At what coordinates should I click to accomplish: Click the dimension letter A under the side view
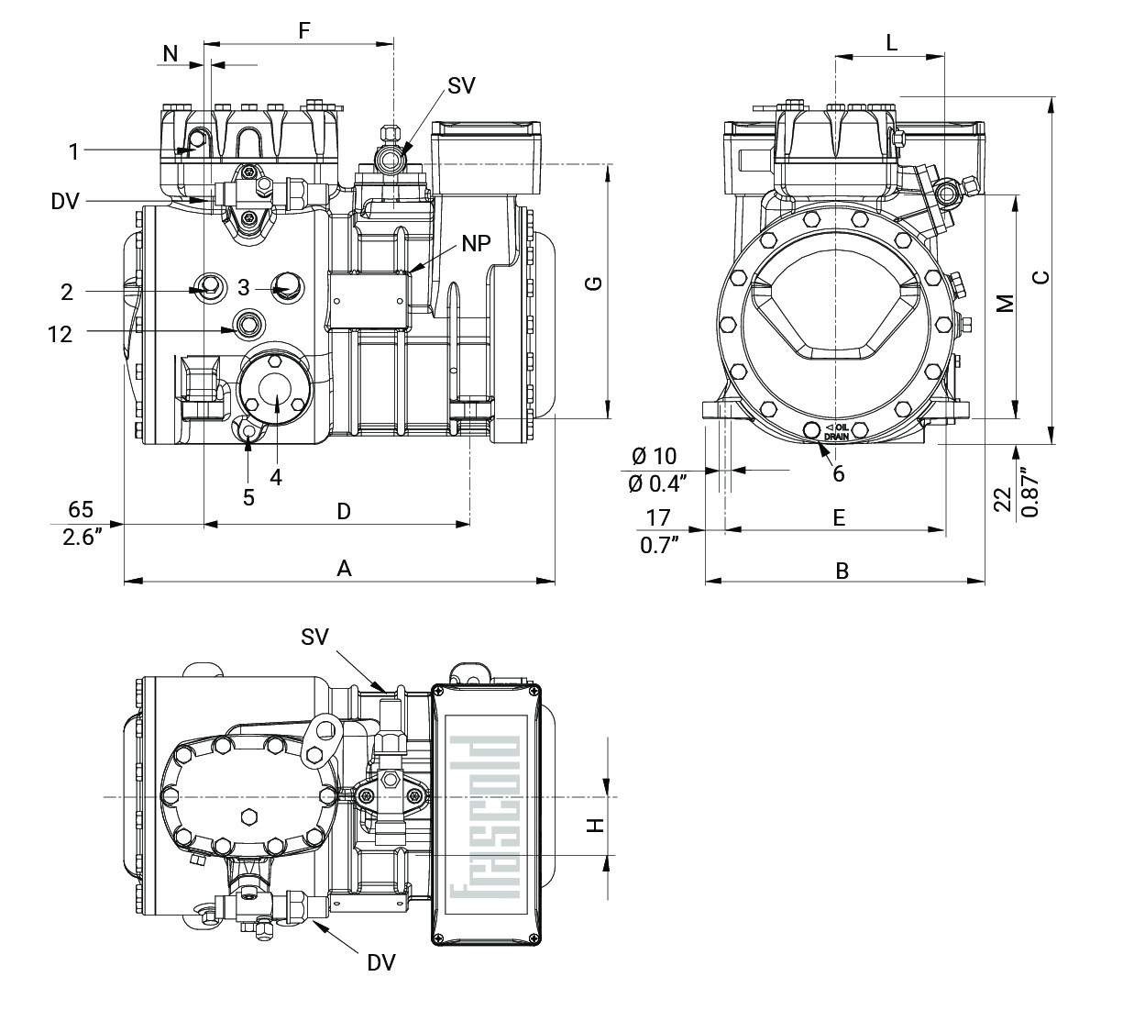[x=344, y=569]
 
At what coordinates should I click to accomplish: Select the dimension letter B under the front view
[x=842, y=571]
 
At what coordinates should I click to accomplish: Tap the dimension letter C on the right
[x=1040, y=277]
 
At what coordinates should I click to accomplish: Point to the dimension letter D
[x=344, y=511]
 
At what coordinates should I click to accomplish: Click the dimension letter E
[x=838, y=518]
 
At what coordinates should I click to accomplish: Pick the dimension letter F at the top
[x=304, y=30]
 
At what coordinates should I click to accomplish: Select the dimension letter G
[x=594, y=283]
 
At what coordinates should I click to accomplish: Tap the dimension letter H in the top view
[x=597, y=826]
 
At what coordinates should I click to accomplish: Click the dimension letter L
[x=891, y=42]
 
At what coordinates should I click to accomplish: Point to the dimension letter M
[x=1006, y=303]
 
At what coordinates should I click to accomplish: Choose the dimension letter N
[x=171, y=54]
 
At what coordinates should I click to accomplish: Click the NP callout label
[x=476, y=243]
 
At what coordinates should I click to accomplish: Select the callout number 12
[x=60, y=334]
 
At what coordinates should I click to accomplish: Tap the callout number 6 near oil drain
[x=838, y=473]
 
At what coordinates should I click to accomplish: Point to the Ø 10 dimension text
[x=654, y=456]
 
